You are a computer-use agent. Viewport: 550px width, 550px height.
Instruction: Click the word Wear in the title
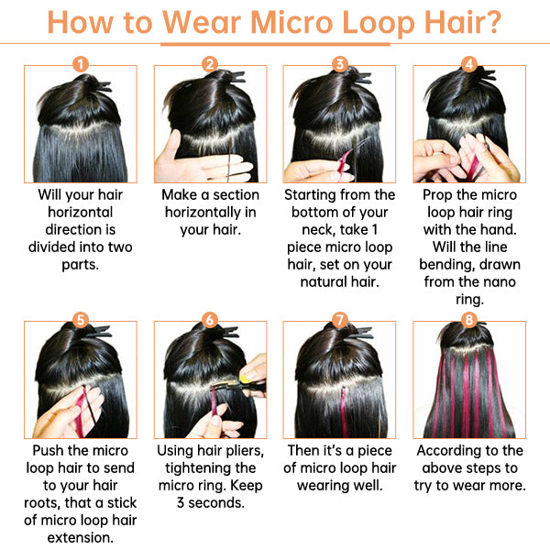pos(202,22)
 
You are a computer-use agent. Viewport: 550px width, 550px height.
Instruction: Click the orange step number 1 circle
pos(81,64)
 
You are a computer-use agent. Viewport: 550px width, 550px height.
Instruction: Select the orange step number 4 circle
pos(469,64)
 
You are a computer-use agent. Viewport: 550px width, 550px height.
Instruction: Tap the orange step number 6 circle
pos(210,320)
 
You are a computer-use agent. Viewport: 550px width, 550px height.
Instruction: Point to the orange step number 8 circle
pos(469,320)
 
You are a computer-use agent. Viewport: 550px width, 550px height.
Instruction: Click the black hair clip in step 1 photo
pos(103,87)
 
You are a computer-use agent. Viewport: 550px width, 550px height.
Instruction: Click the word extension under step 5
pos(81,538)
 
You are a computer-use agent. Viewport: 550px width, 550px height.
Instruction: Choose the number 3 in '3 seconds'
pos(181,503)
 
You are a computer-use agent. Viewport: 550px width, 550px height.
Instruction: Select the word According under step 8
pos(447,451)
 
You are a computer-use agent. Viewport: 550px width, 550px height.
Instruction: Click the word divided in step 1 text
pos(54,247)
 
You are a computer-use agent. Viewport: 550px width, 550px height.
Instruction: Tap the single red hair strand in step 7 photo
pos(343,412)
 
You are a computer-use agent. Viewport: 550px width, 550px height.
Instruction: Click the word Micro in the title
pos(291,22)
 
